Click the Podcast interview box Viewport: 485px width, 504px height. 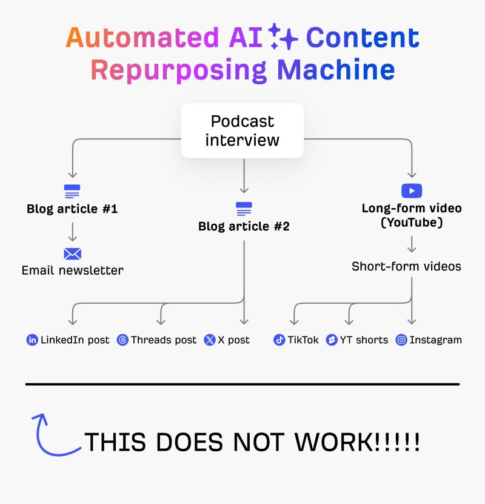click(242, 130)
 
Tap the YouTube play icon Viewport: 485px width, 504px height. click(412, 190)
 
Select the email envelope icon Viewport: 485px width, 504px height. click(72, 254)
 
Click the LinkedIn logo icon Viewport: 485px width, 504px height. click(32, 340)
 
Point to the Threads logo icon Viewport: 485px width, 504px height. click(122, 340)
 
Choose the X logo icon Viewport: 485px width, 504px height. click(210, 340)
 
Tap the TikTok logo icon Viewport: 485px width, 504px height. click(279, 340)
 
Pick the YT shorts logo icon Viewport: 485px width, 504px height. click(332, 340)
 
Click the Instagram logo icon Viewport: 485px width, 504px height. click(401, 340)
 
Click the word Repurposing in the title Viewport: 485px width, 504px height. click(179, 70)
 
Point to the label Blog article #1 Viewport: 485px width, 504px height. click(72, 209)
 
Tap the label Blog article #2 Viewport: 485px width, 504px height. click(244, 227)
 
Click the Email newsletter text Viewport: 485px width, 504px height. click(72, 270)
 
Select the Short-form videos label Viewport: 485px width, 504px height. click(406, 266)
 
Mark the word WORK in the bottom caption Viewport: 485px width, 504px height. click(331, 443)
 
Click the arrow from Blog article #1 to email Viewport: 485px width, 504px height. click(72, 232)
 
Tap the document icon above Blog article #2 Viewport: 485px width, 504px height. click(244, 209)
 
